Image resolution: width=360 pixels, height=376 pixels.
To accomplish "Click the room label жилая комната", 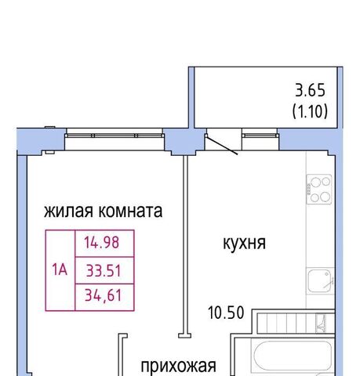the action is tap(103, 211).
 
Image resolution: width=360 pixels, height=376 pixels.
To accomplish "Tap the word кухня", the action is tap(244, 244).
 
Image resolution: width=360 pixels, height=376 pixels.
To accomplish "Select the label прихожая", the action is tap(179, 367).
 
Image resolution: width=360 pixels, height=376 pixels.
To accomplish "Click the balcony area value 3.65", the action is tap(311, 90).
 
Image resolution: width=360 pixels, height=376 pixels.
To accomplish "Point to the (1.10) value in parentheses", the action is tap(310, 111).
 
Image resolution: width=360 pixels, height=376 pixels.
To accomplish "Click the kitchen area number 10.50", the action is tap(226, 313).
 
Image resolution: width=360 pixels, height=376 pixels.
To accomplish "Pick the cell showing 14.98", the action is tap(104, 244).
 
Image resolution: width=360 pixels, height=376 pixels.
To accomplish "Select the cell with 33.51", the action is tap(104, 270).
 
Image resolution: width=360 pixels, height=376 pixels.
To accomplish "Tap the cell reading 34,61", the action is tap(104, 297).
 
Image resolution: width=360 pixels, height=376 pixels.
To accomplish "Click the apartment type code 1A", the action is tap(60, 269).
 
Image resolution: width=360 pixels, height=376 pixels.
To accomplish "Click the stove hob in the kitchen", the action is tap(319, 189).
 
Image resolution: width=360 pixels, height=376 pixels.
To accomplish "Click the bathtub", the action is tap(291, 356).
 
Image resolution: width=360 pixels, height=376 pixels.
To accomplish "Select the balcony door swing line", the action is tap(222, 145).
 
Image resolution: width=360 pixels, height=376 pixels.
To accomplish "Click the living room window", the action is tap(115, 136).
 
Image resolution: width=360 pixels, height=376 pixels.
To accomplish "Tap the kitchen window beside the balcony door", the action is tap(260, 136).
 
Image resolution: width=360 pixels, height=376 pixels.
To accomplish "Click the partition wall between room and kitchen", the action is tap(185, 244).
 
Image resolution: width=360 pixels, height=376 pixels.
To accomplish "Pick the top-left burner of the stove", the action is tap(315, 183).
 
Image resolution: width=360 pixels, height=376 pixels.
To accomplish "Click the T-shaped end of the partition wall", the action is tap(185, 335).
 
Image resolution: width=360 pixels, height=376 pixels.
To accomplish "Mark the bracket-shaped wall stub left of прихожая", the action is tap(120, 355).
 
